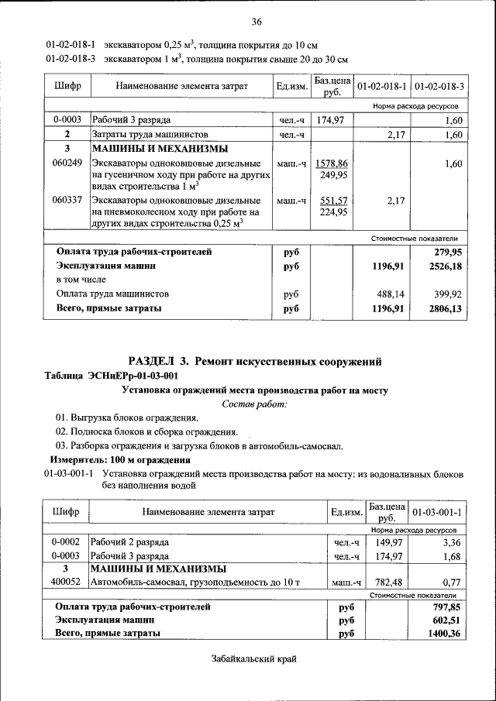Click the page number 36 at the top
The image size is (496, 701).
257,21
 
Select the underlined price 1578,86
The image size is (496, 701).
332,163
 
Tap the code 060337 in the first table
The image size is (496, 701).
67,200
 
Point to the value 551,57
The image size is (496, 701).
332,200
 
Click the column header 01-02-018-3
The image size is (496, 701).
439,85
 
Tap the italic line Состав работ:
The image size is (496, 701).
255,404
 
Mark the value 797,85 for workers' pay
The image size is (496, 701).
447,607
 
